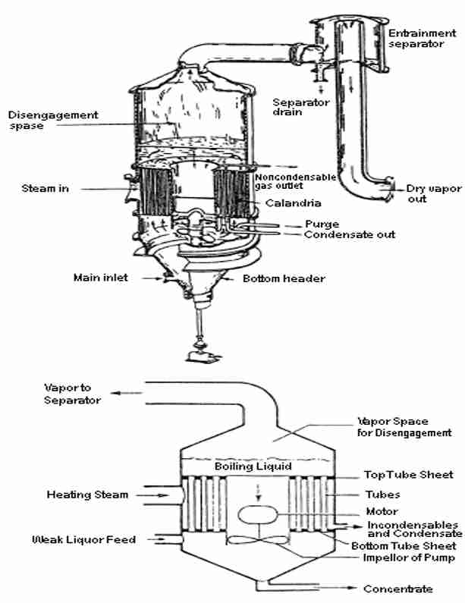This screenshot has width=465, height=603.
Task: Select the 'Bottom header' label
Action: coord(284,279)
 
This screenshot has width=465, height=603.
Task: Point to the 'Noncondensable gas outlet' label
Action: coord(284,181)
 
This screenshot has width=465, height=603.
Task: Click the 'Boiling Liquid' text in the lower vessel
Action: coord(253,466)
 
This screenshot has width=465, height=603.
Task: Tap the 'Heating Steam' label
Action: coord(88,495)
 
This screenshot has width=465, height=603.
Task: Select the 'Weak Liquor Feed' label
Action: coord(83,540)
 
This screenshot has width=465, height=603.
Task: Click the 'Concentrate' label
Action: coord(397,589)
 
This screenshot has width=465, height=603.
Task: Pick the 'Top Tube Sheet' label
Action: coord(408,475)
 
